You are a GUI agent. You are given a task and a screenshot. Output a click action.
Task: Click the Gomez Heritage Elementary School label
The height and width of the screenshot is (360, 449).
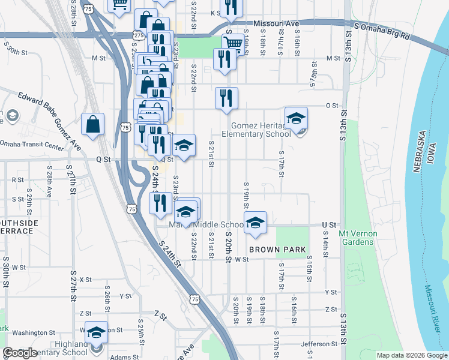point(261,129)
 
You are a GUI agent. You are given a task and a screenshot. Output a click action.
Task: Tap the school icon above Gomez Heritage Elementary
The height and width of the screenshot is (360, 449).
point(296,118)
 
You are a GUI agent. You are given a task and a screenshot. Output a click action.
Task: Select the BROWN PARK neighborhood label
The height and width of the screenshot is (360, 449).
point(278,249)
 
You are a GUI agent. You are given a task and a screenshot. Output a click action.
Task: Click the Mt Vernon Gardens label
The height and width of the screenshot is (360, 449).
point(357,238)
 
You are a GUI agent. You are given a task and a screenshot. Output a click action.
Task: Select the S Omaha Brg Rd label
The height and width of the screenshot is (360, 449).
point(382,31)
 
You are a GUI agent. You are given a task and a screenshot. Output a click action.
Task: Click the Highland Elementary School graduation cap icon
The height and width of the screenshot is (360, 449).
point(96,332)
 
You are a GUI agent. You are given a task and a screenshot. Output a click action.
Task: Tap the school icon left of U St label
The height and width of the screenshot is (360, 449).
point(255,222)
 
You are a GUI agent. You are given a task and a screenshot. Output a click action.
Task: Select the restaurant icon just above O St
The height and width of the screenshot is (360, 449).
point(226,98)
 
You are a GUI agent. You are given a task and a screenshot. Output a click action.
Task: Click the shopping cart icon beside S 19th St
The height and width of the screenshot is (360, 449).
point(233,43)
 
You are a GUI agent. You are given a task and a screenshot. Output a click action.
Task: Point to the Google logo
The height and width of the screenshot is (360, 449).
point(20,353)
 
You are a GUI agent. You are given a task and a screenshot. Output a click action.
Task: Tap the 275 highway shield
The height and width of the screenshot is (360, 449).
point(139,36)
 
